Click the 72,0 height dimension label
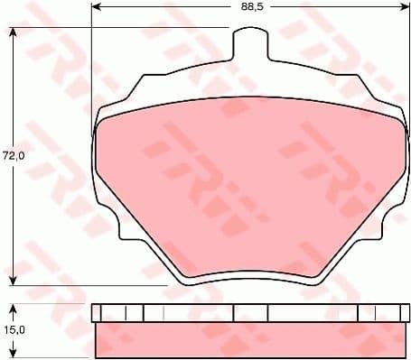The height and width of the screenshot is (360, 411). [x=13, y=156]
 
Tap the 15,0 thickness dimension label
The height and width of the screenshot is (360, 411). [x=13, y=331]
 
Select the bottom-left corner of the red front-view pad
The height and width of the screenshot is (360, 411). [x=185, y=272]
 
